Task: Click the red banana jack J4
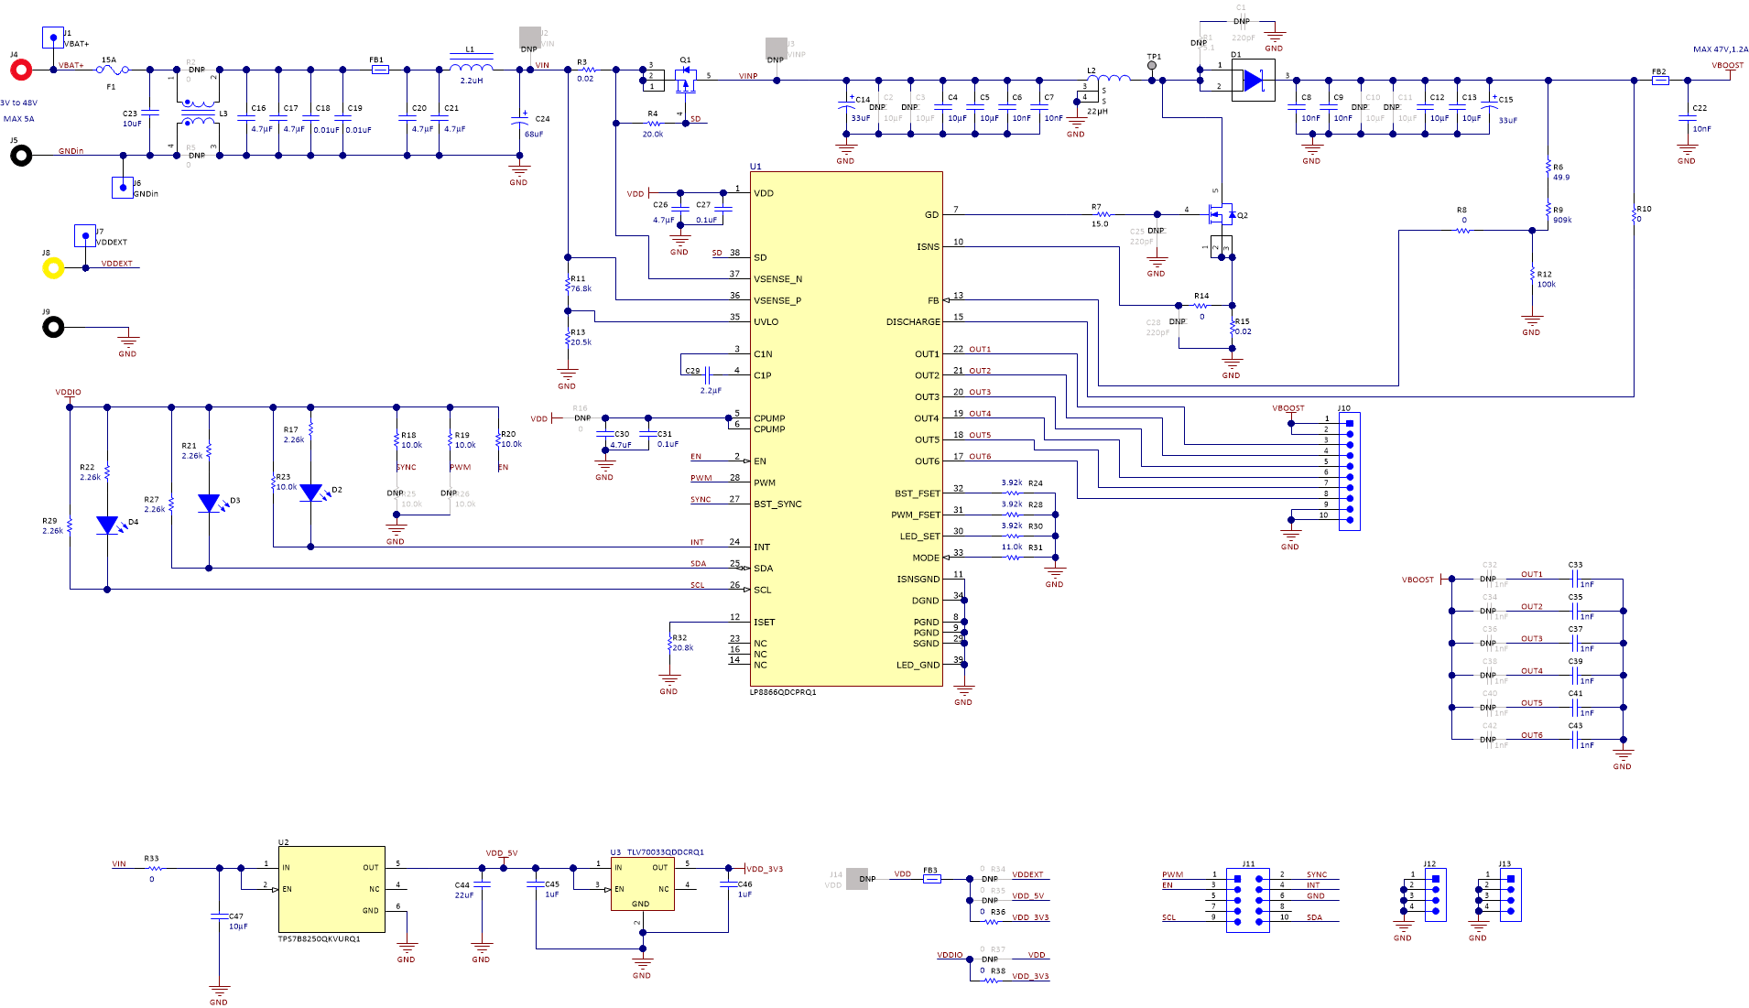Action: pos(20,70)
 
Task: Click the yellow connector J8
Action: pos(53,268)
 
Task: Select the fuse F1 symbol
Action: pos(112,70)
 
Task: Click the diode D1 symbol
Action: pos(1252,81)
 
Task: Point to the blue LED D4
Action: pos(107,526)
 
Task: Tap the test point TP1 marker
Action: pos(1152,67)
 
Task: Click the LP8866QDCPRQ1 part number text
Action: pos(782,692)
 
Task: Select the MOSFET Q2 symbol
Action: pos(1221,216)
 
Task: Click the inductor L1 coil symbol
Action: pos(471,65)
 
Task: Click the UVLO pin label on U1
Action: pos(766,322)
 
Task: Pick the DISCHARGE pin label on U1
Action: pos(912,322)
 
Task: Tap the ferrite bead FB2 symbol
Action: pos(1659,81)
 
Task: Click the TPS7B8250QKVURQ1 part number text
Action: pos(319,938)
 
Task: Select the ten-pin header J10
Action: pos(1349,471)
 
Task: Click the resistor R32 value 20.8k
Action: pos(683,648)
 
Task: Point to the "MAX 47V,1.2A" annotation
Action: pos(1720,49)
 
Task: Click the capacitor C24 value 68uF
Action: pos(533,135)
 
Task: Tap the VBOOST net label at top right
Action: pos(1727,65)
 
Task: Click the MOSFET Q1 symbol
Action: pos(685,82)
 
